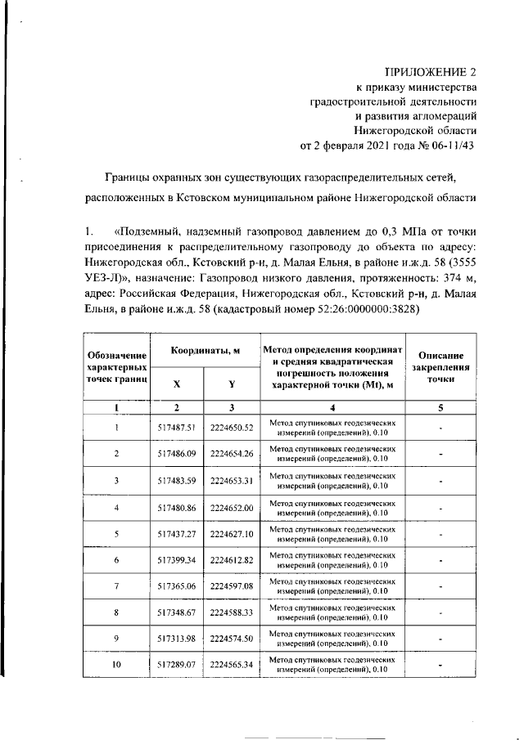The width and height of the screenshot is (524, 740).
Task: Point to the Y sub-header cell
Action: [x=232, y=383]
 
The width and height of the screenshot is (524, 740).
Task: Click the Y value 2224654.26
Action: [x=232, y=453]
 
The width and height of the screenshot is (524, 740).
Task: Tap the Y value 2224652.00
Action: [x=232, y=507]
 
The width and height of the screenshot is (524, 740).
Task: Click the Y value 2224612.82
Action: [x=232, y=560]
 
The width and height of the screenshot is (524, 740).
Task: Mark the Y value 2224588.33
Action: [x=232, y=612]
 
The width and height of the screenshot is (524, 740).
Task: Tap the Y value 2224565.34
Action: [x=232, y=665]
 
